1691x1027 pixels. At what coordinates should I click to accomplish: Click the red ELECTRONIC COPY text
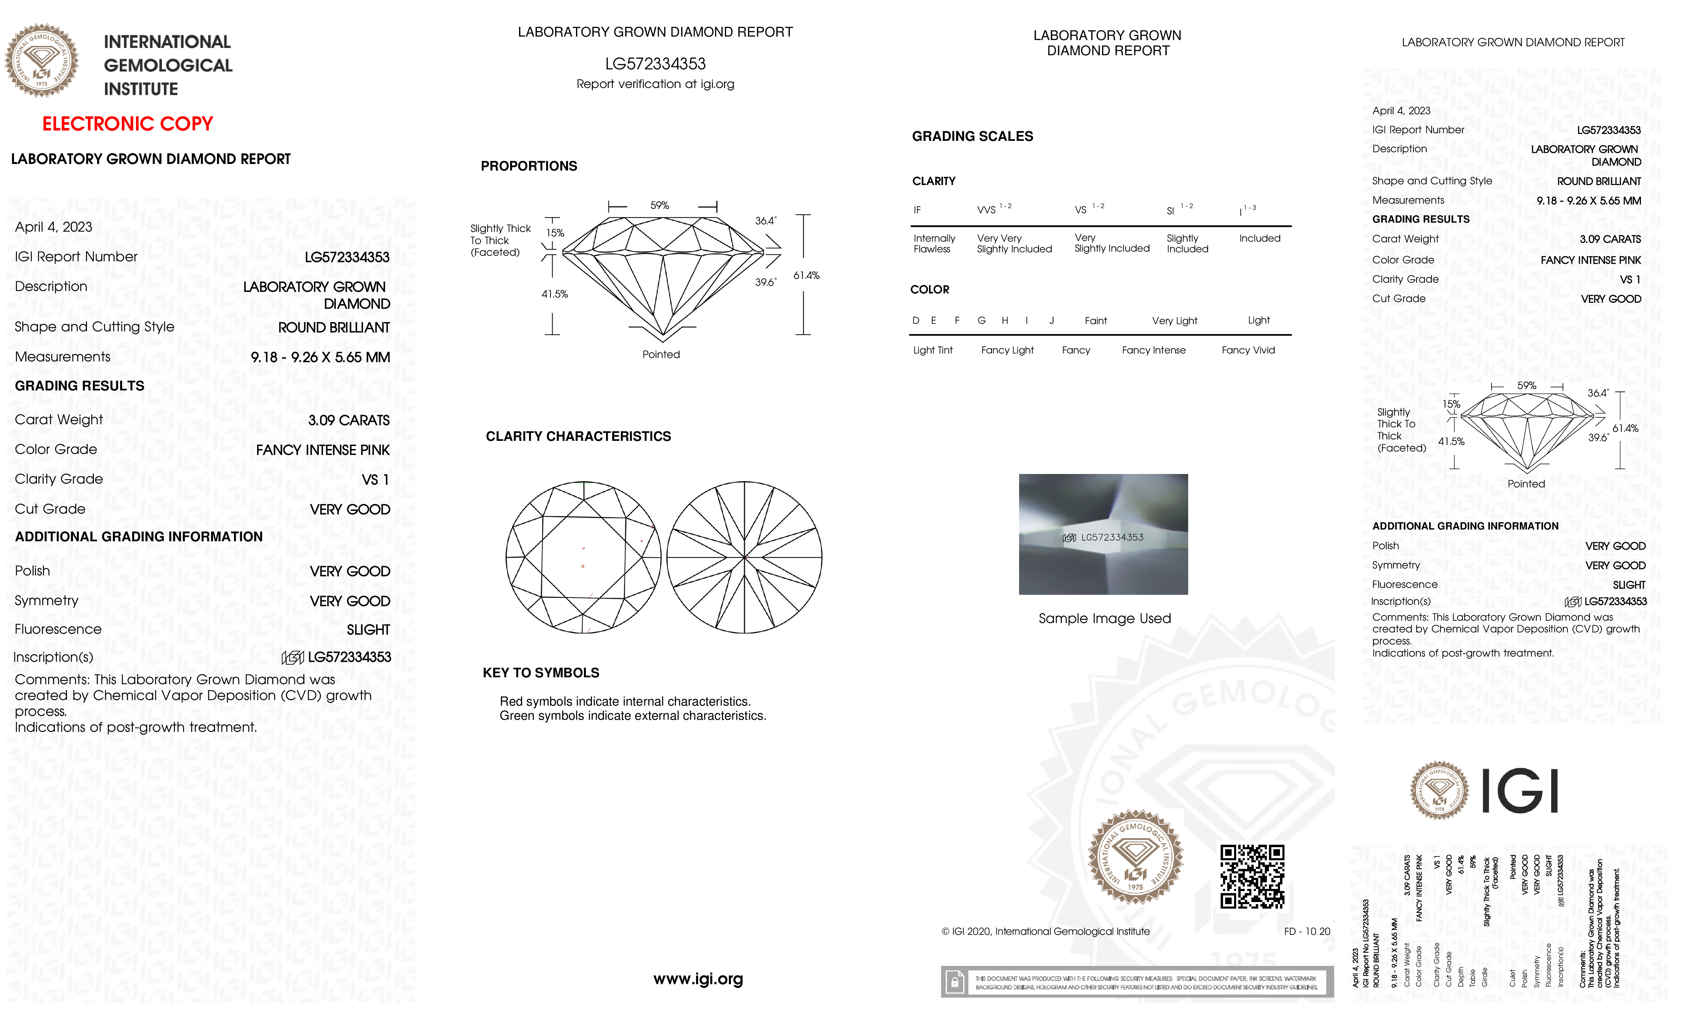(128, 124)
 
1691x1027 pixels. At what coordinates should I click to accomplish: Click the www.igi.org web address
(698, 979)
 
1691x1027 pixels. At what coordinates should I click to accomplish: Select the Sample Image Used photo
(1103, 534)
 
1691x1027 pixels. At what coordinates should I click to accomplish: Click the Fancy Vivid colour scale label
(1248, 350)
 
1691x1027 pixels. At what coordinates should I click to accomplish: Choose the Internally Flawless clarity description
(934, 244)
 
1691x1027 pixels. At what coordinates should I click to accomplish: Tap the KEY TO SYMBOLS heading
(541, 673)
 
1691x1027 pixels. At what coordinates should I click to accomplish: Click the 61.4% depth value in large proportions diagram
(807, 275)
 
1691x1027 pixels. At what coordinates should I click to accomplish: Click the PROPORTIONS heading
(528, 166)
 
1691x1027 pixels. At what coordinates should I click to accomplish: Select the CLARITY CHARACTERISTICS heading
(578, 437)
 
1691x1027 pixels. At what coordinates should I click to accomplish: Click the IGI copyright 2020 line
(1045, 932)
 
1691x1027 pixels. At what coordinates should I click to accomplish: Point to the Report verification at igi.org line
(655, 85)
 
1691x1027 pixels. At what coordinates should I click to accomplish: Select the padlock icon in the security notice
(954, 982)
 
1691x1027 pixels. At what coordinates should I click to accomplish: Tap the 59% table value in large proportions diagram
(659, 205)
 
